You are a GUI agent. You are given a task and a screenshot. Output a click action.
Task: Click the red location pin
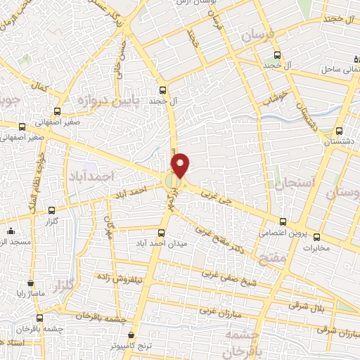pyautogui.click(x=181, y=165)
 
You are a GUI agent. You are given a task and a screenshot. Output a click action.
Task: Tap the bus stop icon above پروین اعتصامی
pyautogui.click(x=283, y=221)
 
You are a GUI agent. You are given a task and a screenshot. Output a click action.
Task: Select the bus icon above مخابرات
pyautogui.click(x=316, y=236)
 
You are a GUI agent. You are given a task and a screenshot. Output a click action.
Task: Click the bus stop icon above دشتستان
pyautogui.click(x=340, y=131)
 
